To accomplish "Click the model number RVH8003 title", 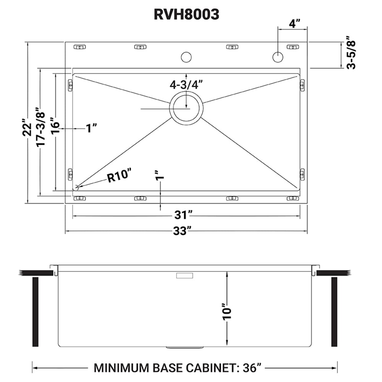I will click(x=186, y=14).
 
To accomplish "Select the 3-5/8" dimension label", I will click(x=351, y=52).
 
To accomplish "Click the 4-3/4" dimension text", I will click(x=186, y=84).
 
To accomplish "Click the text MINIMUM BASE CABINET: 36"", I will click(x=178, y=368).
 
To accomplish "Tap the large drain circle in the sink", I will click(x=186, y=108).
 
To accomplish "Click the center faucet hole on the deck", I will click(x=186, y=57).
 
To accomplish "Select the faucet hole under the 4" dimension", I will click(x=278, y=57).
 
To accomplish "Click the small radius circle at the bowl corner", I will click(x=76, y=188).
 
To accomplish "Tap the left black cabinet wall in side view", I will click(x=36, y=311).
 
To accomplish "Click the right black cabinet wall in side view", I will click(x=334, y=311).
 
